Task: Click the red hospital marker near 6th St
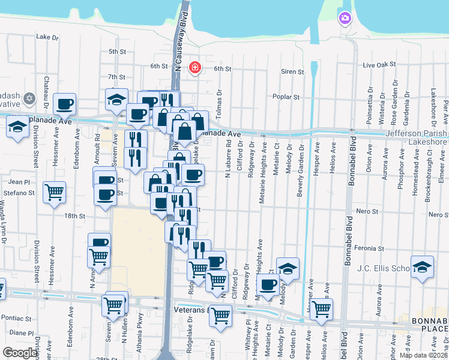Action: (194, 67)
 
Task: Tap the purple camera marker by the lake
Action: (345, 19)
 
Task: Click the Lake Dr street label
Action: (47, 37)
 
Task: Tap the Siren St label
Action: (292, 71)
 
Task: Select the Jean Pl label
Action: (19, 181)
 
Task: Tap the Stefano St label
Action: (21, 193)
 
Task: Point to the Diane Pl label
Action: (22, 332)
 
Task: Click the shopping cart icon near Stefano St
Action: (55, 193)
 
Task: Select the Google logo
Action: (20, 352)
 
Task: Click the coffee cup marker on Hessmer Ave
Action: (64, 104)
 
